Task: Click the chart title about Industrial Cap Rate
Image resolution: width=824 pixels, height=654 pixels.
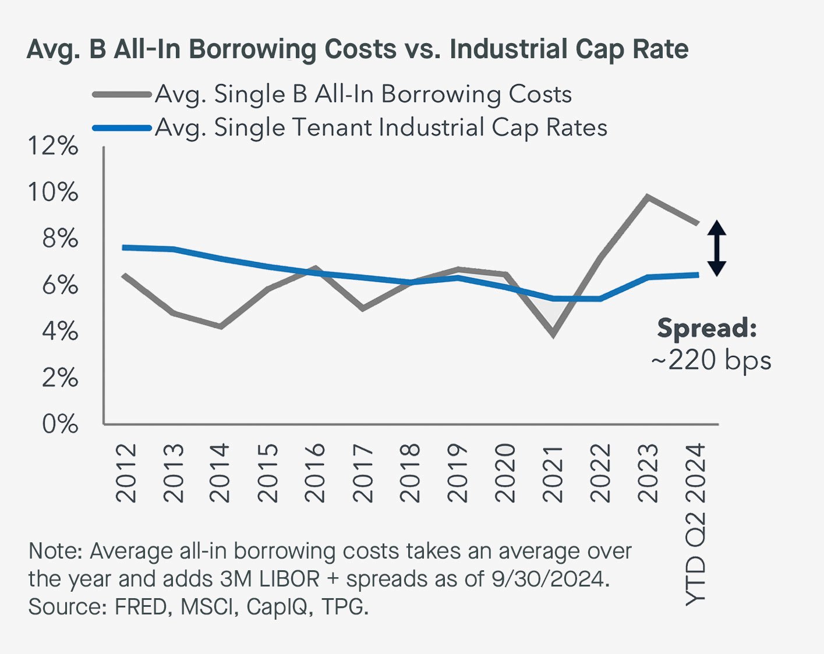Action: pyautogui.click(x=357, y=49)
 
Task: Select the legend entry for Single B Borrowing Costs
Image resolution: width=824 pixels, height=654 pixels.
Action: pyautogui.click(x=363, y=94)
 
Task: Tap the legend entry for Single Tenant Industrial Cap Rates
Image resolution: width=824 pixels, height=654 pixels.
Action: pyautogui.click(x=381, y=128)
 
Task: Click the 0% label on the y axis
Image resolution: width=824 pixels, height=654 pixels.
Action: pyautogui.click(x=59, y=424)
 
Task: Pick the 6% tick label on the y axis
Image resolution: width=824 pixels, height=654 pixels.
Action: pyautogui.click(x=59, y=285)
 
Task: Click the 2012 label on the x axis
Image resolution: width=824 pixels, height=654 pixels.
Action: pyautogui.click(x=126, y=473)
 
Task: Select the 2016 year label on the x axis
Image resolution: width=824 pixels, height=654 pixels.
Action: pyautogui.click(x=315, y=473)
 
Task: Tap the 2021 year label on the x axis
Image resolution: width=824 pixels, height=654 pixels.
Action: pyautogui.click(x=553, y=473)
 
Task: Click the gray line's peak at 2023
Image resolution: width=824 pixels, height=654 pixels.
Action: pyautogui.click(x=647, y=197)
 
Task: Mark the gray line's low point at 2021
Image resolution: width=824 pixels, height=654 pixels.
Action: pyautogui.click(x=553, y=335)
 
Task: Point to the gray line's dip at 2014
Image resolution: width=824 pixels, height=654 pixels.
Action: pyautogui.click(x=221, y=326)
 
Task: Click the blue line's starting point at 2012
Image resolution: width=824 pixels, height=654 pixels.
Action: pyautogui.click(x=125, y=247)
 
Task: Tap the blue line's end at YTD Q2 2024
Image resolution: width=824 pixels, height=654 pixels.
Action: pyautogui.click(x=697, y=275)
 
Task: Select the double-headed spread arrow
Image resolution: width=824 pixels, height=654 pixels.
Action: pyautogui.click(x=717, y=248)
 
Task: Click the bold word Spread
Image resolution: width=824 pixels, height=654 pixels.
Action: pyautogui.click(x=706, y=328)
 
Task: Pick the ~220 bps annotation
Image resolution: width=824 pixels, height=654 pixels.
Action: pyautogui.click(x=711, y=360)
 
